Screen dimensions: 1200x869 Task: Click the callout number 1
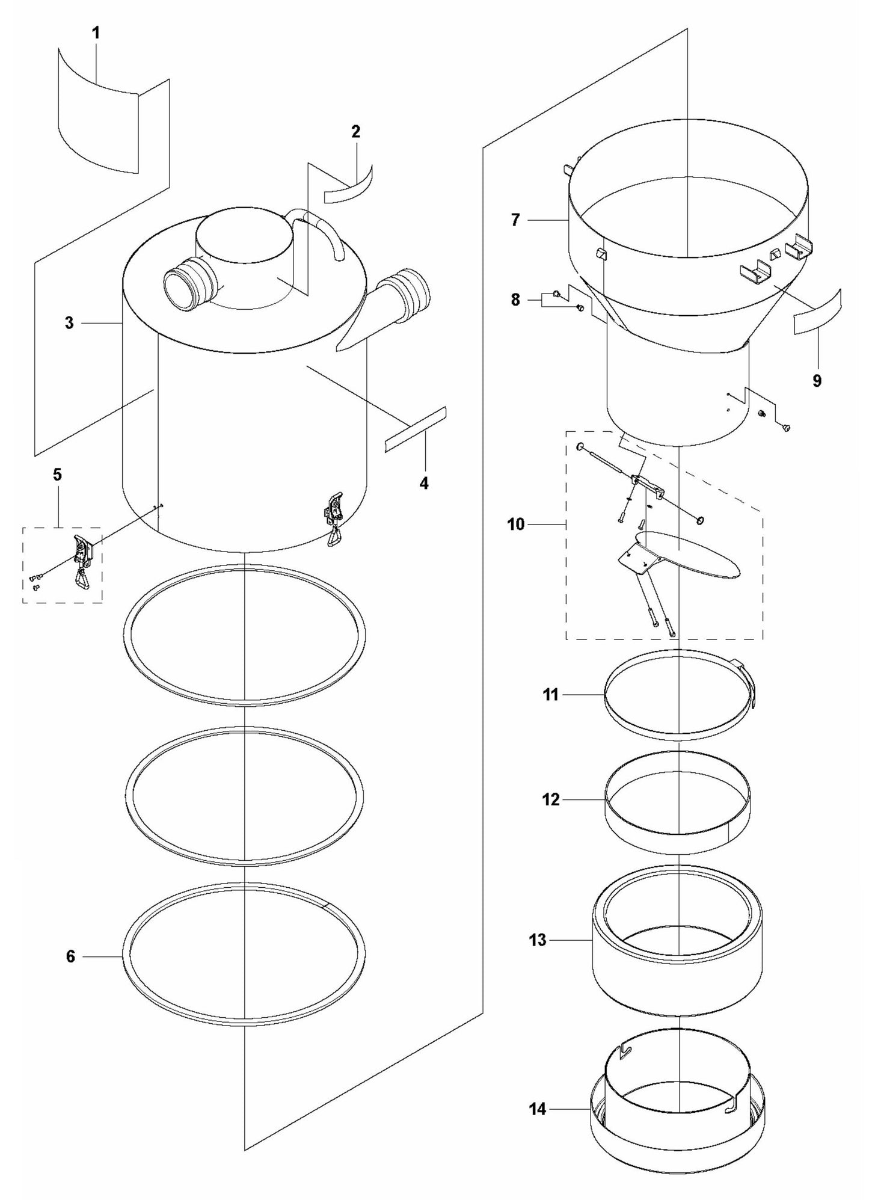96,33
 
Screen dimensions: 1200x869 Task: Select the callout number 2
355,132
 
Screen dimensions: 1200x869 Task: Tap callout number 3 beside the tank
70,323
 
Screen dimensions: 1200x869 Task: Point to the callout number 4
424,482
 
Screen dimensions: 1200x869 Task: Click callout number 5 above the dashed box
57,475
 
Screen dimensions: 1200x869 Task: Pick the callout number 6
70,956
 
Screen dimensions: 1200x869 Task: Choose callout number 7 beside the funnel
515,220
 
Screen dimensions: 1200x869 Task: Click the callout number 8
515,300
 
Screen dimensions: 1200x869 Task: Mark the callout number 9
817,381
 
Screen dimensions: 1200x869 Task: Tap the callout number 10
515,525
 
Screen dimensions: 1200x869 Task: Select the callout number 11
551,695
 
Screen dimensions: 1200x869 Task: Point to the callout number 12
551,799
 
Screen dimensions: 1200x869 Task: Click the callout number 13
538,939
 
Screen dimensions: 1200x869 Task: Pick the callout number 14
538,1108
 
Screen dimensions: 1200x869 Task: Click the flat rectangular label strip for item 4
415,429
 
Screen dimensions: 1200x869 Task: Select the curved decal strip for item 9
818,312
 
